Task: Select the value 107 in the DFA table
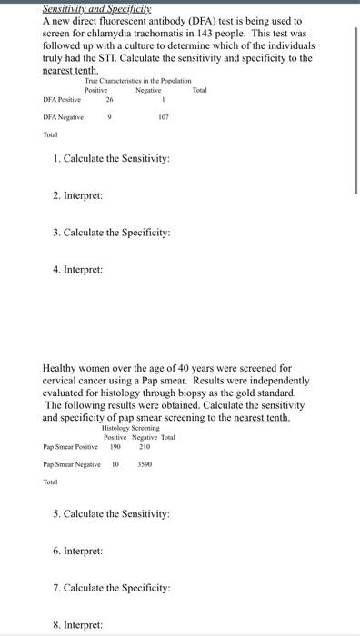point(164,117)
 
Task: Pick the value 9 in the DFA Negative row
point(109,117)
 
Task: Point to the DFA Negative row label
point(63,117)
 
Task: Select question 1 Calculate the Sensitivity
point(111,159)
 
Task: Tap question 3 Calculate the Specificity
point(111,232)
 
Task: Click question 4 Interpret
point(77,269)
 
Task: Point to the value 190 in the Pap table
point(115,446)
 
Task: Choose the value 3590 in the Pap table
point(145,464)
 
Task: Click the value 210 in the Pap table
point(145,446)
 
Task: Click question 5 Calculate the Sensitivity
point(111,514)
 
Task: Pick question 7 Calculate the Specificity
point(111,588)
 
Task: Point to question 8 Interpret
point(77,625)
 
